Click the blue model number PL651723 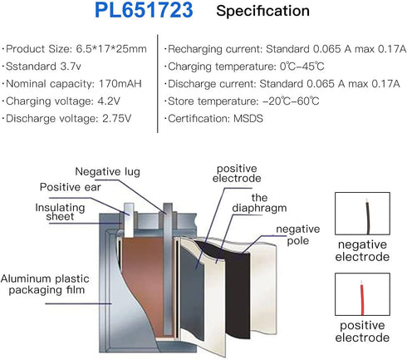pyautogui.click(x=144, y=11)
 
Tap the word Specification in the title pyautogui.click(x=262, y=12)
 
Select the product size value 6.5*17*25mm pyautogui.click(x=111, y=49)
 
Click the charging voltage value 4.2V pyautogui.click(x=109, y=101)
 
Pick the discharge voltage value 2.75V pyautogui.click(x=117, y=119)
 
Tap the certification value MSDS pyautogui.click(x=248, y=119)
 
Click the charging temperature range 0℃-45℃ pyautogui.click(x=302, y=67)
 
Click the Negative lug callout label pyautogui.click(x=107, y=172)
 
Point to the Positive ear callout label pyautogui.click(x=71, y=187)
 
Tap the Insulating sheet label pyautogui.click(x=60, y=212)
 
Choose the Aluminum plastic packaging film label pyautogui.click(x=45, y=284)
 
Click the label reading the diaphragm pyautogui.click(x=259, y=203)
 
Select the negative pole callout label pyautogui.click(x=298, y=234)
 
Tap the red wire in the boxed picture pyautogui.click(x=362, y=298)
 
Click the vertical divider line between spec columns pyautogui.click(x=158, y=83)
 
